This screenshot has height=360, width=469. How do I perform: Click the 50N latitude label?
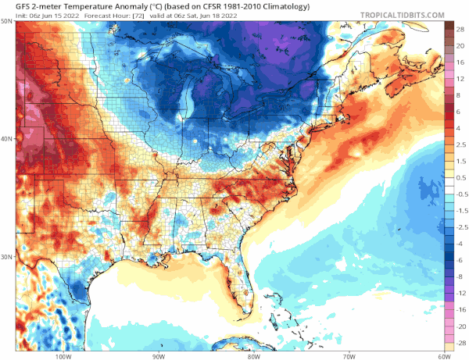[7, 21]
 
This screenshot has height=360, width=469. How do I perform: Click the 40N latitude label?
[7, 139]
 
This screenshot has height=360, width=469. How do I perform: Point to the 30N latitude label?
[7, 256]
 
